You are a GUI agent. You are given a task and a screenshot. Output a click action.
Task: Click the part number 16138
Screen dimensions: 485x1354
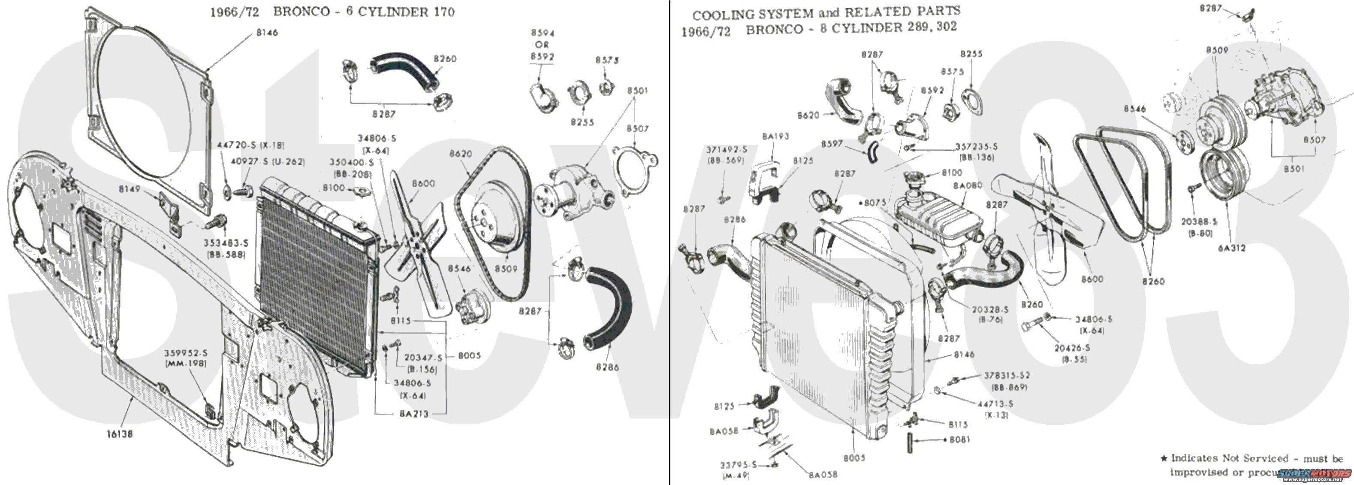[x=120, y=434]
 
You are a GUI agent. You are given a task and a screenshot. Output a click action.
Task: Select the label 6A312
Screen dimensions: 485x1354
[x=1231, y=248]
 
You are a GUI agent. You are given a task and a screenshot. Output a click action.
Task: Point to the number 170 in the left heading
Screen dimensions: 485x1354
[x=443, y=12]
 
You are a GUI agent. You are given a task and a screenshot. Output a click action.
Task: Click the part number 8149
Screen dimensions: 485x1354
[x=129, y=189]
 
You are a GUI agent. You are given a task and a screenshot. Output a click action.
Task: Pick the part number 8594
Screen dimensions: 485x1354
[x=543, y=33]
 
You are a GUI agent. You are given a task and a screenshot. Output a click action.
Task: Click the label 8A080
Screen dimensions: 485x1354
[x=968, y=186]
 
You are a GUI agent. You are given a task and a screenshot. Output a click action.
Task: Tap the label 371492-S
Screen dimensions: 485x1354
[x=727, y=150]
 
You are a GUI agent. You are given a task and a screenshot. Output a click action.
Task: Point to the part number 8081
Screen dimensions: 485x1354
[x=960, y=439]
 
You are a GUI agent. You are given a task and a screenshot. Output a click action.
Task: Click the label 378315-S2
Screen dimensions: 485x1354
[x=1007, y=376]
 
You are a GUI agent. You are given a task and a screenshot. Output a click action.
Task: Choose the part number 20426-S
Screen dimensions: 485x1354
[x=1072, y=348]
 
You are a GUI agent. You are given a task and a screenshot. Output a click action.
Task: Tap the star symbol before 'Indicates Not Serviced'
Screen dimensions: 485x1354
[x=1164, y=459]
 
